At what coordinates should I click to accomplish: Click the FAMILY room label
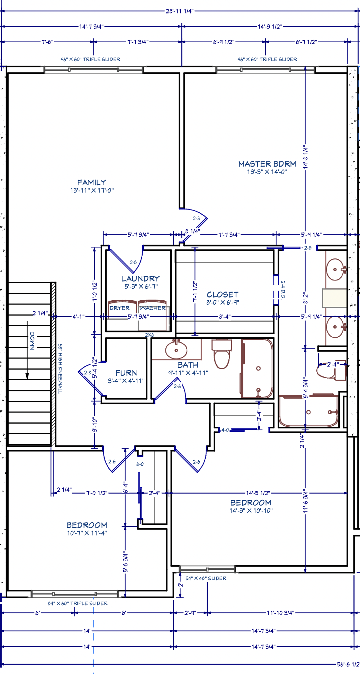tap(92, 182)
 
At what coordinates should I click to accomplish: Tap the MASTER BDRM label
tap(267, 164)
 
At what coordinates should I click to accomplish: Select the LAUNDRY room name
tap(141, 278)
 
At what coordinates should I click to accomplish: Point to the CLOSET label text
tap(223, 294)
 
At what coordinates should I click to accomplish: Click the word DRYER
tap(119, 308)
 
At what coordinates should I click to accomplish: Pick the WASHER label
tap(153, 308)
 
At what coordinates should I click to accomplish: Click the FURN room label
tap(126, 373)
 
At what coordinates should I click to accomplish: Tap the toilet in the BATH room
tap(222, 354)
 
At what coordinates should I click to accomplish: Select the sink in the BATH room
tap(176, 349)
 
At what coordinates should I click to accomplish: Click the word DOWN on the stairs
tap(32, 341)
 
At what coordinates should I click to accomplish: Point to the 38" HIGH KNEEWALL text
tap(60, 369)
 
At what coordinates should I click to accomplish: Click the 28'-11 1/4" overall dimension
tap(179, 11)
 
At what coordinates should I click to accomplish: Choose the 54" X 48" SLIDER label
tap(206, 578)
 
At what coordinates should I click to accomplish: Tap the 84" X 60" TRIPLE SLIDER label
tap(78, 603)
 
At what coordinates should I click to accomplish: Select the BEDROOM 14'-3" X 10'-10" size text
tap(251, 510)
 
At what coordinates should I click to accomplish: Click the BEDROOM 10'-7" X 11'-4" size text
tap(87, 533)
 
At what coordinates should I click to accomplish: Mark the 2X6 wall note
tap(150, 335)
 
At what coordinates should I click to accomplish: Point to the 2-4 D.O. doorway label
tap(283, 290)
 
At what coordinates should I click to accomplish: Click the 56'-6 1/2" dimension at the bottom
tap(348, 664)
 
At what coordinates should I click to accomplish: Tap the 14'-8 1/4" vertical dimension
tap(306, 157)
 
